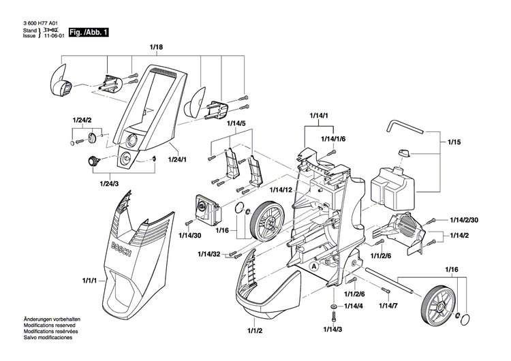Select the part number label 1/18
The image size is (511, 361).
(x=155, y=48)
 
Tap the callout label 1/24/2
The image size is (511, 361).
(x=82, y=121)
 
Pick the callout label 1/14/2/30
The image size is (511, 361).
(x=467, y=220)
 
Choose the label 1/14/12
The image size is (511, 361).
(x=281, y=189)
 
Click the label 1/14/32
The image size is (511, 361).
(x=210, y=254)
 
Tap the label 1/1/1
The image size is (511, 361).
(x=90, y=280)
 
